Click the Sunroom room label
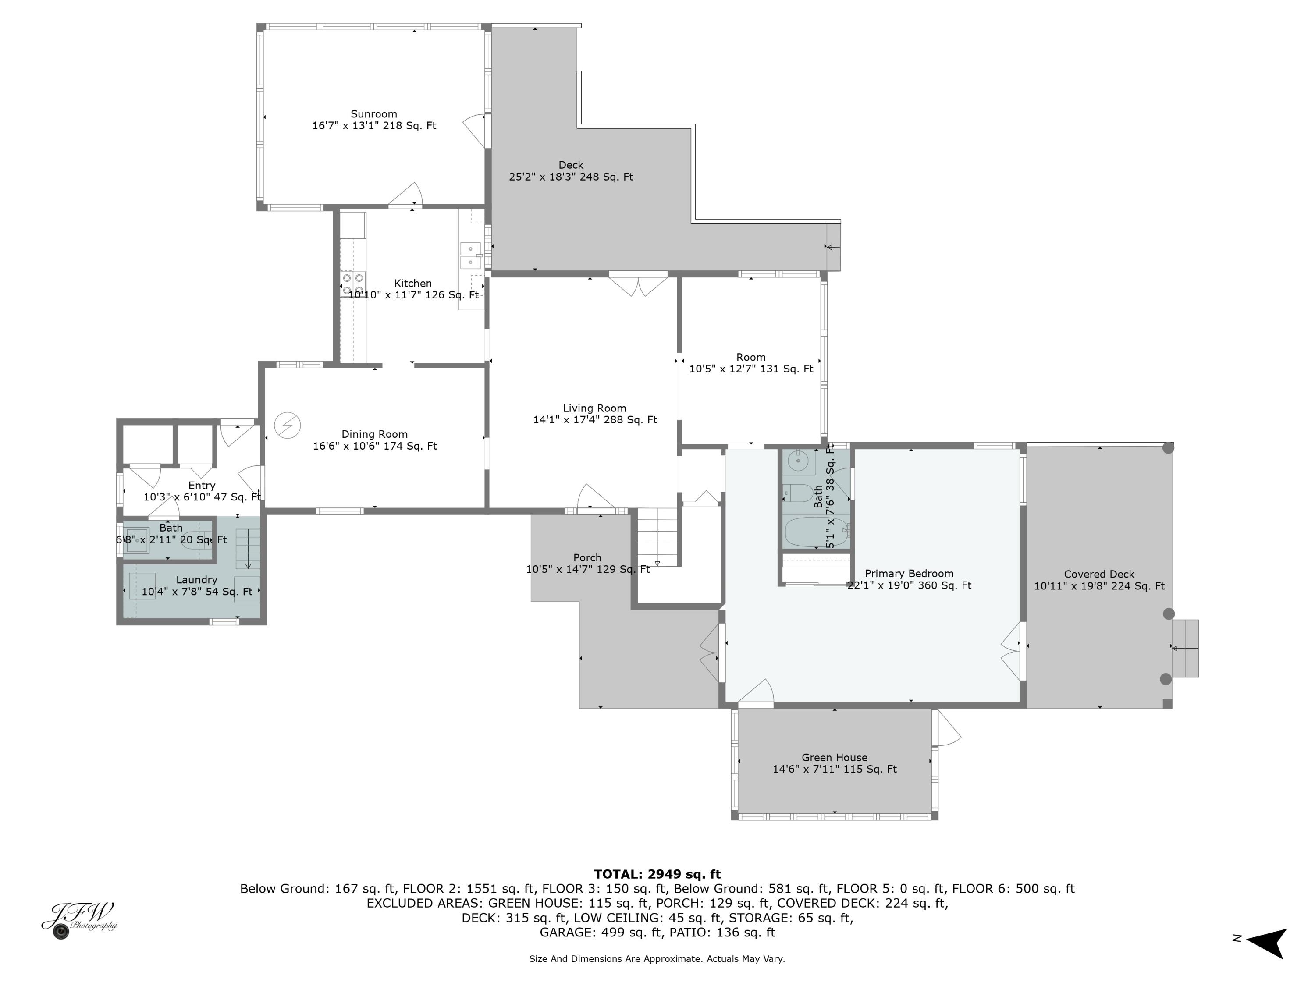click(x=373, y=114)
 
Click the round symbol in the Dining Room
click(x=288, y=426)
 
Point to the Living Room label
click(x=594, y=408)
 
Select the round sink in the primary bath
click(x=798, y=461)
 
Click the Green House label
click(x=834, y=757)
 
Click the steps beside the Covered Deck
click(x=1185, y=648)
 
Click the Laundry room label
click(x=196, y=579)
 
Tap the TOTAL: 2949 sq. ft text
click(x=657, y=874)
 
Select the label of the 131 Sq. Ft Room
click(x=750, y=357)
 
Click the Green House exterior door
click(x=945, y=729)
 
